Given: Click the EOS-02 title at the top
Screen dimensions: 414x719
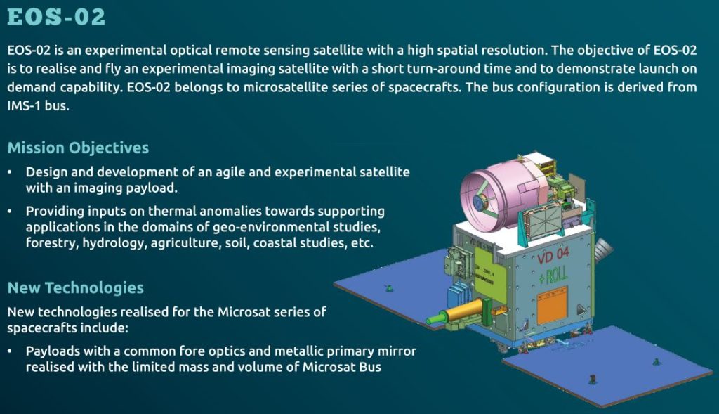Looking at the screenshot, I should [55, 16].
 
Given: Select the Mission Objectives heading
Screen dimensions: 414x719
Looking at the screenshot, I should [78, 148].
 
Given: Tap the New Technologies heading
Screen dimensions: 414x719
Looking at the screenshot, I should [75, 287].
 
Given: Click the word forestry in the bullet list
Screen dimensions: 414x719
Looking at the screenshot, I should [51, 243].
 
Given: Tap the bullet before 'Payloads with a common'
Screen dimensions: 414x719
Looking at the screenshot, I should [10, 351].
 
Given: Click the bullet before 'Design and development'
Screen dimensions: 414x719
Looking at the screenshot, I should [10, 172].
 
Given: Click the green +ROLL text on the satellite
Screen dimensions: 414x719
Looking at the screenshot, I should [553, 275].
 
